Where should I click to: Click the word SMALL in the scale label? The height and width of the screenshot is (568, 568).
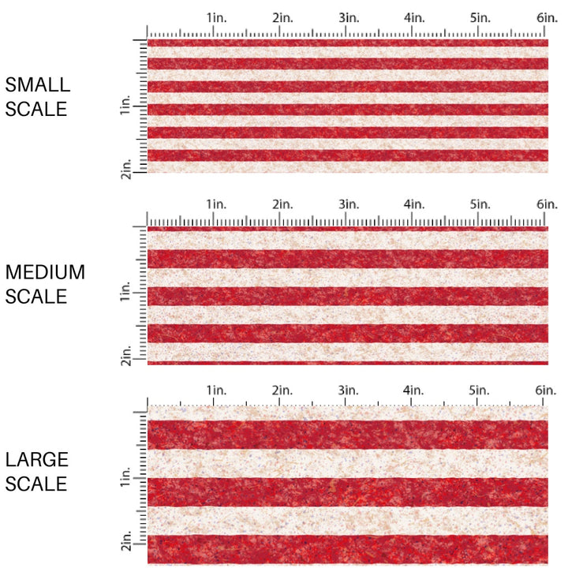(x=38, y=85)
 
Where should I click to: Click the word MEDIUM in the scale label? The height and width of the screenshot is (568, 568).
(x=45, y=272)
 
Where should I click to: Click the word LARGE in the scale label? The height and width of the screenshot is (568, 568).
(x=37, y=460)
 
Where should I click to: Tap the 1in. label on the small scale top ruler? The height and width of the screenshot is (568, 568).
(x=216, y=17)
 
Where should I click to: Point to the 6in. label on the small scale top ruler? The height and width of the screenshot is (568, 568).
(x=547, y=17)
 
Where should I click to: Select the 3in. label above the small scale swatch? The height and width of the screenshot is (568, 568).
(x=348, y=17)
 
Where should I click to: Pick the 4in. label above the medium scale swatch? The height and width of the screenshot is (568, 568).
(x=414, y=204)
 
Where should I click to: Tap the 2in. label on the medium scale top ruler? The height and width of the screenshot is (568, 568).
(x=282, y=204)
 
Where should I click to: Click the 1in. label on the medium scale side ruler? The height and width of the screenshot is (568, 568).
(x=126, y=294)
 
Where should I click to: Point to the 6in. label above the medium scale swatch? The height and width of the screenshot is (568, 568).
(x=547, y=204)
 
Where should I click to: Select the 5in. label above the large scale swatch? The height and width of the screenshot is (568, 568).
(x=480, y=390)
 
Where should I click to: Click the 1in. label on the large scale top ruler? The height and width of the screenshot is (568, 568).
(x=216, y=390)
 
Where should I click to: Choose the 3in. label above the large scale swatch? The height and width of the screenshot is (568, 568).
(x=348, y=390)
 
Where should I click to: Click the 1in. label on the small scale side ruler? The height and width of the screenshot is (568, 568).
(x=126, y=106)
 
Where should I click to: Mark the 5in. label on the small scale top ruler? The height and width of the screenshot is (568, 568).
(x=480, y=17)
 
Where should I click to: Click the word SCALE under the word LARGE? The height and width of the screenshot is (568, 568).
(x=36, y=483)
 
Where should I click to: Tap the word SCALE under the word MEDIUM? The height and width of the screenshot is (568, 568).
(x=36, y=297)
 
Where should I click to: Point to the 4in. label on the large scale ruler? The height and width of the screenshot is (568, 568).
(x=414, y=390)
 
